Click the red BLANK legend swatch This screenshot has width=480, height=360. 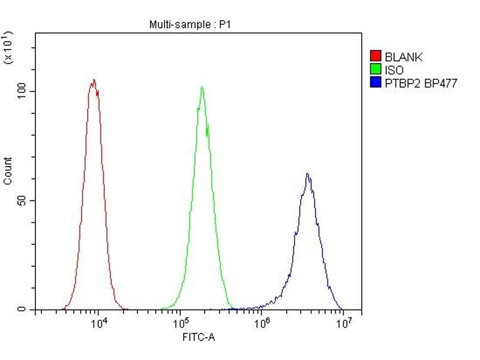click(376, 57)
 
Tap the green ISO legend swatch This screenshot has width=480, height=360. click(376, 70)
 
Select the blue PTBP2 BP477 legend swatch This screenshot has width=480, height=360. click(376, 83)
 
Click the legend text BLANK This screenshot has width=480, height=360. click(404, 58)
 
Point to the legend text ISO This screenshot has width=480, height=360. click(394, 70)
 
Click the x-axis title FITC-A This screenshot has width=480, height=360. click(198, 338)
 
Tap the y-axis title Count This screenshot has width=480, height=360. click(8, 170)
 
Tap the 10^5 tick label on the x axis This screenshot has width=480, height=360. click(181, 323)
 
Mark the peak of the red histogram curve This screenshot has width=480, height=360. click(93, 80)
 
